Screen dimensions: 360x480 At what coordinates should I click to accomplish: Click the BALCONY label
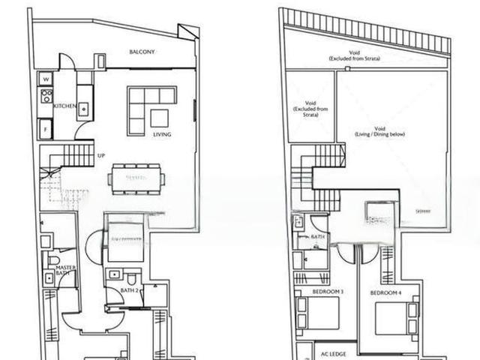click(142, 52)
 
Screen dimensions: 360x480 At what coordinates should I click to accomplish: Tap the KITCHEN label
click(64, 106)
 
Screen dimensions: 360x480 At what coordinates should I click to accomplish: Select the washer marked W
click(44, 78)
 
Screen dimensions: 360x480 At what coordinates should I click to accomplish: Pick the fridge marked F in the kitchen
click(44, 129)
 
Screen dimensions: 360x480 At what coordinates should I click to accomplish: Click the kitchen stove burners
click(46, 97)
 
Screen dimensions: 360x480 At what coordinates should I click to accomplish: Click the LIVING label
click(162, 135)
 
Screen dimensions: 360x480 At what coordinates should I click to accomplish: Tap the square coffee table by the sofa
click(160, 118)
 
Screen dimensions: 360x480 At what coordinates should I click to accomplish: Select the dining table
click(136, 178)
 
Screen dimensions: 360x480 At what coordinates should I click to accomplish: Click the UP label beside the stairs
click(100, 157)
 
